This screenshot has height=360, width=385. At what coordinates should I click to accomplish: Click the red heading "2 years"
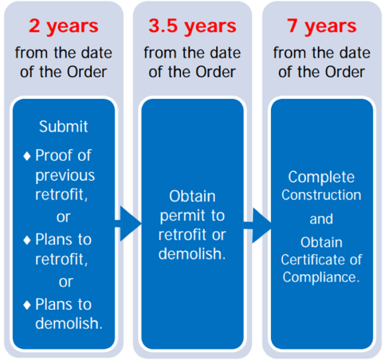click(x=64, y=26)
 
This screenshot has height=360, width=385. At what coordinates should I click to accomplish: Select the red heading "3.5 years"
click(x=192, y=26)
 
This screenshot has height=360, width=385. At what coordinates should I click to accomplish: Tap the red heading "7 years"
click(x=321, y=26)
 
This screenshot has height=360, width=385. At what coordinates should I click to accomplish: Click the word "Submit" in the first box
click(x=64, y=127)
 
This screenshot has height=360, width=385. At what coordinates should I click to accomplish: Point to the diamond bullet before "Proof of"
click(x=27, y=156)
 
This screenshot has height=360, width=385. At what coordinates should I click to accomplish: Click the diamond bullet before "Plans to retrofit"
click(x=27, y=241)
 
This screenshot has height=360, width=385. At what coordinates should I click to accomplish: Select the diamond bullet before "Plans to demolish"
click(x=27, y=305)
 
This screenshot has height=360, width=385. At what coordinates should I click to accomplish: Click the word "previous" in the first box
click(x=65, y=177)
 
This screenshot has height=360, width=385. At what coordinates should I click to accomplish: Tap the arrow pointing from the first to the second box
click(x=128, y=224)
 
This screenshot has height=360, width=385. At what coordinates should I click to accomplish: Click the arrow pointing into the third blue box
click(x=257, y=225)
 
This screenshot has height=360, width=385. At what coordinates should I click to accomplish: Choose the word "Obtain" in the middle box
click(x=192, y=197)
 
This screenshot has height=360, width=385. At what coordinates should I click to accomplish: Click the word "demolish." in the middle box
click(x=192, y=254)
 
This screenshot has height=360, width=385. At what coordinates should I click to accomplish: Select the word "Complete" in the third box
click(x=321, y=178)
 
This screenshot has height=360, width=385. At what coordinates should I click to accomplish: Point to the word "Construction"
click(x=321, y=195)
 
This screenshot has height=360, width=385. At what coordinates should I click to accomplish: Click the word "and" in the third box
click(x=321, y=219)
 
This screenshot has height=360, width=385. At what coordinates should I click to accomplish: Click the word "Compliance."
click(x=321, y=278)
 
